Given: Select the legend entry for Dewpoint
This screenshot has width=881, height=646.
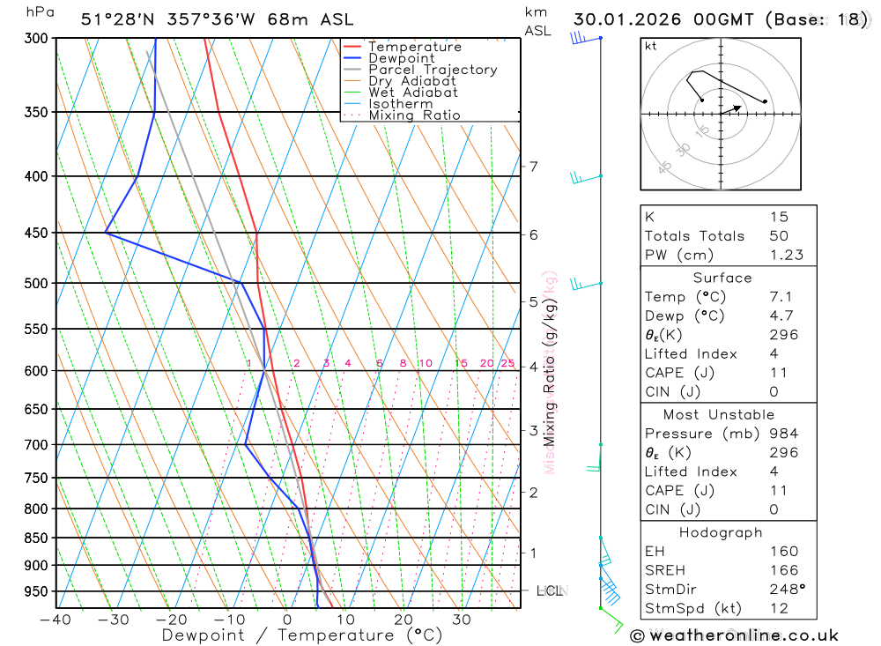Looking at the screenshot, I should pyautogui.click(x=401, y=58).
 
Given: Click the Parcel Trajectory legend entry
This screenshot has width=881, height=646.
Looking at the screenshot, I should pyautogui.click(x=432, y=70).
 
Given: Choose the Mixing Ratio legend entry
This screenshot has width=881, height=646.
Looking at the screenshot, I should pyautogui.click(x=414, y=115).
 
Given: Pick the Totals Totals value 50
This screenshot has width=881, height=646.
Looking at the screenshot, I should pyautogui.click(x=778, y=235).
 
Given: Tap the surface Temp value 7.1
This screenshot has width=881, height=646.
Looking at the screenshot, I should pyautogui.click(x=780, y=297).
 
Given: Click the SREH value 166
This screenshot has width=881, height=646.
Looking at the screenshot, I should pyautogui.click(x=783, y=570).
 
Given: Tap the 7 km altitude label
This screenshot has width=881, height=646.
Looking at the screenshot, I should pyautogui.click(x=533, y=166).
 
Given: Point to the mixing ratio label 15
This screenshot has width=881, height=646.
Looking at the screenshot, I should pyautogui.click(x=461, y=363).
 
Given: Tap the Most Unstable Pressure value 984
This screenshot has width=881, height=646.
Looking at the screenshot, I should pyautogui.click(x=783, y=434).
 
